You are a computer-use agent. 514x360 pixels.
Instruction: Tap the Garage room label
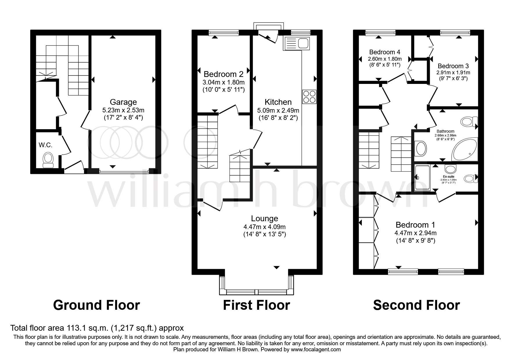[x=123, y=102]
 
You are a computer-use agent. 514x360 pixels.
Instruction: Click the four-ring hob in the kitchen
[x=309, y=97]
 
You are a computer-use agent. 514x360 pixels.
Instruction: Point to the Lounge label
[x=264, y=219]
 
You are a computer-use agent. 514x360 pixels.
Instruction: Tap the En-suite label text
[x=448, y=176]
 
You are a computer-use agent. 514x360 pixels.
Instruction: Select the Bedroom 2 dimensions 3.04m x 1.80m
[x=223, y=82]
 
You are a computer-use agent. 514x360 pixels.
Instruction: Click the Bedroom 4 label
[x=385, y=52]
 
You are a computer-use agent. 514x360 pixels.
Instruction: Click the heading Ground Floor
[x=96, y=305]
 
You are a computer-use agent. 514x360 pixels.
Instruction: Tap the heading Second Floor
[x=416, y=305]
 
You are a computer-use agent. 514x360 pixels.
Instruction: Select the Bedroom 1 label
[x=415, y=225]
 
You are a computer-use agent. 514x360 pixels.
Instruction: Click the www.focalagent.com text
[x=316, y=350]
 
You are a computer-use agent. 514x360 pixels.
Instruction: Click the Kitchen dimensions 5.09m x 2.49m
[x=278, y=111]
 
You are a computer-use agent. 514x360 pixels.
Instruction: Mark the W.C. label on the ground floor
[x=46, y=145]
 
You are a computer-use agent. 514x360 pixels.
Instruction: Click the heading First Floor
[x=256, y=305]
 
